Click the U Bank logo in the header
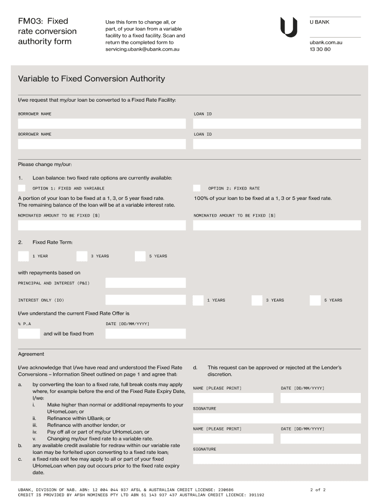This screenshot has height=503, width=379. click(288, 27)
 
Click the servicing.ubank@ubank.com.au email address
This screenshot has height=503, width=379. click(142, 50)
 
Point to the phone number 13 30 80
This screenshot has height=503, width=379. click(320, 50)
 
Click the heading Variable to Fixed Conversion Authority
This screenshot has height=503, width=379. click(92, 79)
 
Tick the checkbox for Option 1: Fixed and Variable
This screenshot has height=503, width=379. click(22, 188)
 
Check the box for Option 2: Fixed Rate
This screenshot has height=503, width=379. click(197, 188)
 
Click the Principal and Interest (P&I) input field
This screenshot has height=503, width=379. click(146, 283)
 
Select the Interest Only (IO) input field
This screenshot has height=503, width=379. click(146, 300)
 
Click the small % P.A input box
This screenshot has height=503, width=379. click(29, 334)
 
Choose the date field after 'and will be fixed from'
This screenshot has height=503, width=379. click(146, 334)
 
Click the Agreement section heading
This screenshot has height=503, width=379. click(31, 354)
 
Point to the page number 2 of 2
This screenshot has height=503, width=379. click(318, 490)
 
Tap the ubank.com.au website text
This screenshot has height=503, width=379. click(326, 43)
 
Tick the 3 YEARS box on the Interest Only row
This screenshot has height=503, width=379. click(257, 300)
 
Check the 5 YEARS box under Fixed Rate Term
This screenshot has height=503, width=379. click(140, 256)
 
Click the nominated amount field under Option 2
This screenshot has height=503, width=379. click(277, 225)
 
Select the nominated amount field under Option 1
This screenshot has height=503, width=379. click(102, 225)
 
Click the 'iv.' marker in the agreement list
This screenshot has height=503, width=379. click(35, 432)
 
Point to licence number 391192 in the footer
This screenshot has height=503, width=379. click(255, 495)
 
